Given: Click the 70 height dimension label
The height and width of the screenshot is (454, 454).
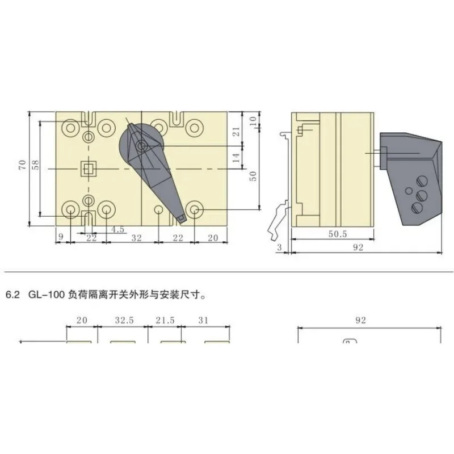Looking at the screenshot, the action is pos(23,165).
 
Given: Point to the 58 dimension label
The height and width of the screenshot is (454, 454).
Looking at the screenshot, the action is pos(36,165).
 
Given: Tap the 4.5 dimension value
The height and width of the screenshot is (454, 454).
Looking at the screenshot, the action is pos(118,229).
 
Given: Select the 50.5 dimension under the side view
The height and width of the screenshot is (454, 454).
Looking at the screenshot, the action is pos(338,234).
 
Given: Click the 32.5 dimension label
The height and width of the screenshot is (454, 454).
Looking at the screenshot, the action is pos(124,320).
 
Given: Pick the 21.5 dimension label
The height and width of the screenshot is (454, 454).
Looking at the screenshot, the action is pos(165,320).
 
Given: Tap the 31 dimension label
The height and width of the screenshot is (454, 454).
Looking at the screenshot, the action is pos(203,320).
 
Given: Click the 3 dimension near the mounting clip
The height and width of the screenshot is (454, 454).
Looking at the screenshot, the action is pos(279,247).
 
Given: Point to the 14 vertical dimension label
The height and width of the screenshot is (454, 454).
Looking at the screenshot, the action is pos(236,158).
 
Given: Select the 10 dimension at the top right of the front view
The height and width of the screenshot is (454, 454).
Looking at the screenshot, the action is pos(253,120).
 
